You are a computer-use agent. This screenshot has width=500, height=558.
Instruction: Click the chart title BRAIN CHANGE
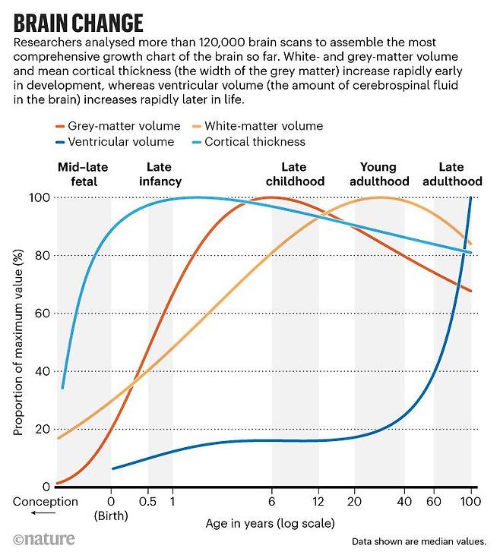tap(78, 20)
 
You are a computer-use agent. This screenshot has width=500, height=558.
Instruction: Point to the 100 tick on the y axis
tap(40, 198)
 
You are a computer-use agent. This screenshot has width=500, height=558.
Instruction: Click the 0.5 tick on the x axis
tap(148, 501)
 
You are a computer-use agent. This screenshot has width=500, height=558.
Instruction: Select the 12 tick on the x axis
tap(318, 501)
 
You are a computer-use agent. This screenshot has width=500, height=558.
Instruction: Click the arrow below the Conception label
tap(24, 513)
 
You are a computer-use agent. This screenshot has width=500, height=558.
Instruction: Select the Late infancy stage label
tap(160, 175)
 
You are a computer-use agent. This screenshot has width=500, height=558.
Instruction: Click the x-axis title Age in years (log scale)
tap(269, 524)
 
